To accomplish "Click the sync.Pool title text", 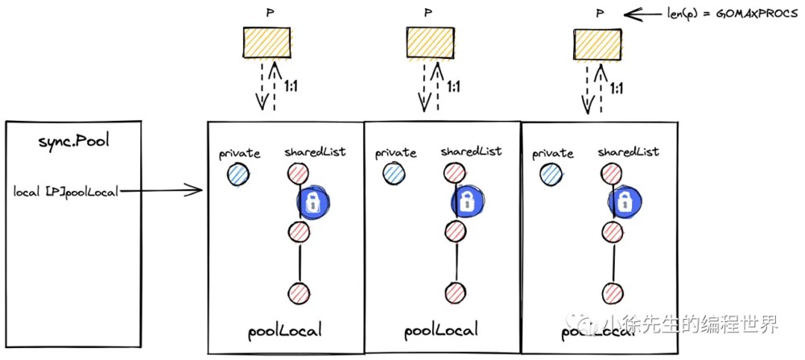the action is pyautogui.click(x=74, y=142).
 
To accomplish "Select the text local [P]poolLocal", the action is pyautogui.click(x=66, y=192).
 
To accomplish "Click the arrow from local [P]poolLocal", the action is pyautogui.click(x=161, y=192).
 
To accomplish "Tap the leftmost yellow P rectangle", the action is pyautogui.click(x=267, y=43).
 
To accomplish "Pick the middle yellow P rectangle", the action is pyautogui.click(x=430, y=43).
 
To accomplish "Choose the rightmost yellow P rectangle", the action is pyautogui.click(x=597, y=43).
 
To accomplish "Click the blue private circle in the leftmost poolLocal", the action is pyautogui.click(x=238, y=175).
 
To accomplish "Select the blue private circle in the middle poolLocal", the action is pyautogui.click(x=394, y=174).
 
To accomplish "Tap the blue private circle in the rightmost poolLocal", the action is pyautogui.click(x=551, y=174).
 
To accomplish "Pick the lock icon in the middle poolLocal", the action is pyautogui.click(x=468, y=201).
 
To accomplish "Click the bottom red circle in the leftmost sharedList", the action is pyautogui.click(x=299, y=292).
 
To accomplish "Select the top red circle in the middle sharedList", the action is pyautogui.click(x=452, y=172).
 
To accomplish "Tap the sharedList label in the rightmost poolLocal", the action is pyautogui.click(x=629, y=152).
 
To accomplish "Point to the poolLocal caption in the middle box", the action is pyautogui.click(x=441, y=329).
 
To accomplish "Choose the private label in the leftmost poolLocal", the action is pyautogui.click(x=239, y=153).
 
